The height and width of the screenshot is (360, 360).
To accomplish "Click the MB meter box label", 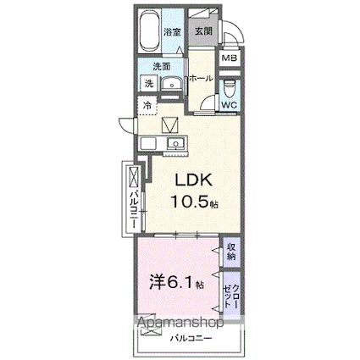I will pyautogui.click(x=229, y=58).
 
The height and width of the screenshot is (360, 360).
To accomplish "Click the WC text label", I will pyautogui.click(x=229, y=105).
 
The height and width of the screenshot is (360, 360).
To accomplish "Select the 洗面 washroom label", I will pyautogui.click(x=162, y=65).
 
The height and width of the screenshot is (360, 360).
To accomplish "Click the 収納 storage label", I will pyautogui.click(x=231, y=252).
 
